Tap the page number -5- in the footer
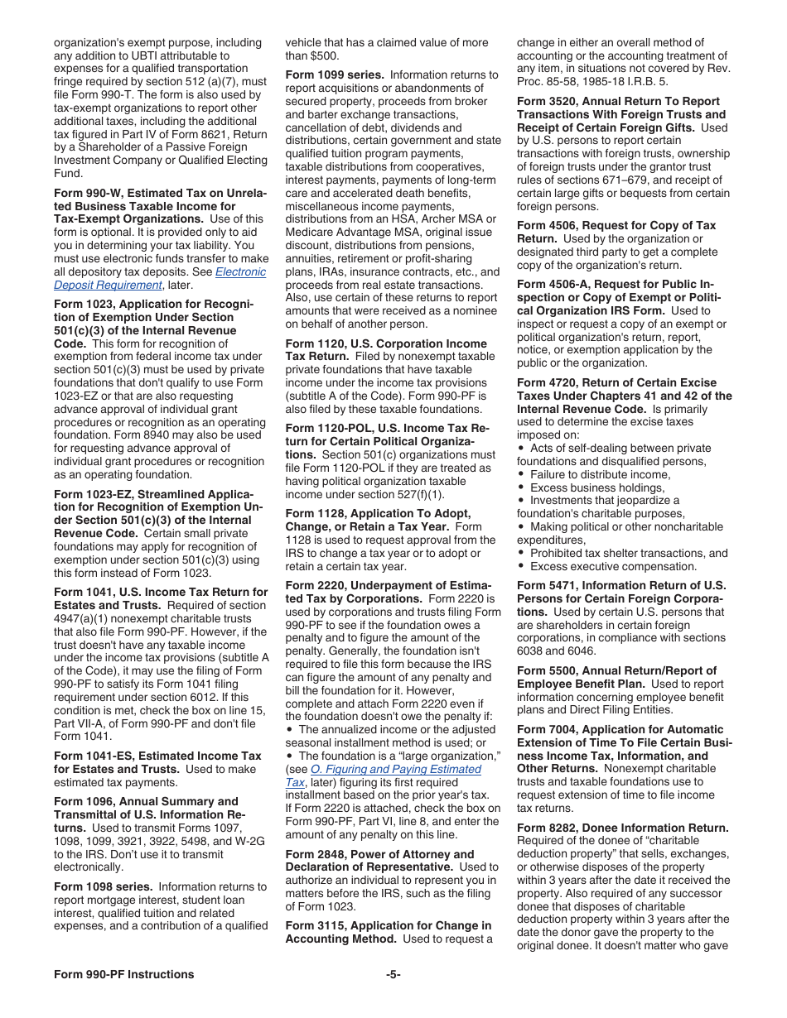[393, 974]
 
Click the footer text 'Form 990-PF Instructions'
[123, 974]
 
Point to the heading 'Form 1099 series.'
[334, 75]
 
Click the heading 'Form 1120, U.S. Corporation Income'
[385, 343]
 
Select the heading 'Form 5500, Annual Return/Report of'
[616, 671]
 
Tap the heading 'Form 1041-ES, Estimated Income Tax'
[157, 756]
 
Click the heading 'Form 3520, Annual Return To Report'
[618, 102]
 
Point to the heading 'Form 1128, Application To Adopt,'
[378, 514]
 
